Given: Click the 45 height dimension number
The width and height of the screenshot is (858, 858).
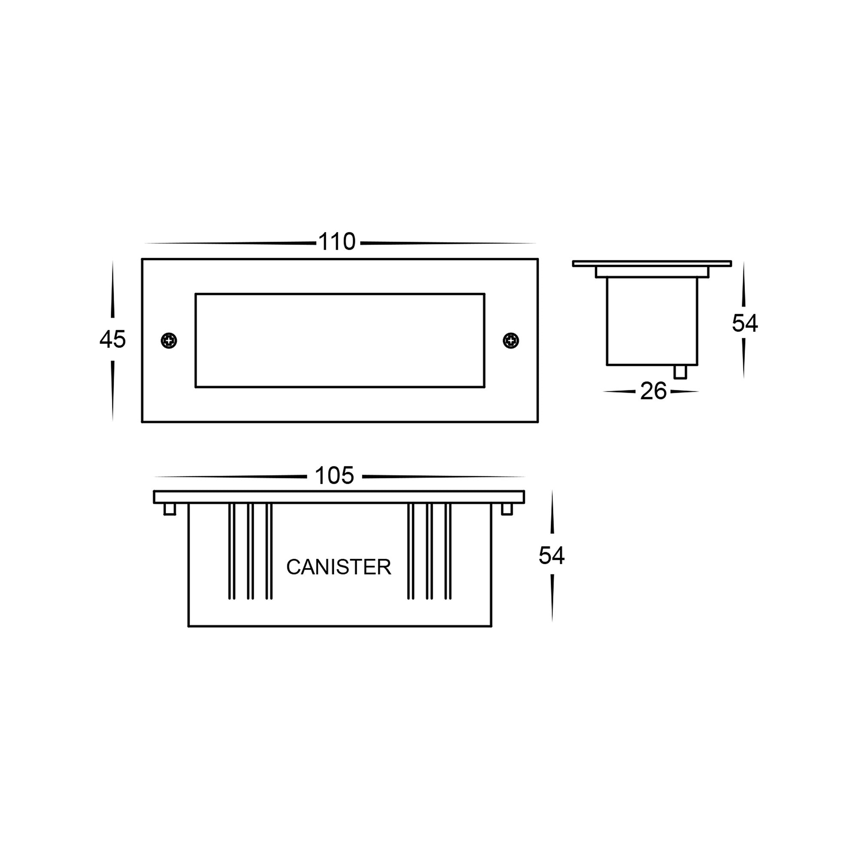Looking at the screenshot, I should pos(113,339).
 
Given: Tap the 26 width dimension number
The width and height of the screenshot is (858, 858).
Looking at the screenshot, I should pos(653,391).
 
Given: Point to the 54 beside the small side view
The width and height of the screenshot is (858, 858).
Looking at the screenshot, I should pos(745,323).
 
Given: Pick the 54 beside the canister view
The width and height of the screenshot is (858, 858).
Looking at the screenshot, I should pos(551,556).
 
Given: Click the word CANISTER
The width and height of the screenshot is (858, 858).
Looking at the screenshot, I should pos(338,567).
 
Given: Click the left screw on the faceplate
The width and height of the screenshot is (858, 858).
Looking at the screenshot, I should pos(169,341).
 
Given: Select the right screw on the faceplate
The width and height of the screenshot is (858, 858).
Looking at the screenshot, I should pos(511,341).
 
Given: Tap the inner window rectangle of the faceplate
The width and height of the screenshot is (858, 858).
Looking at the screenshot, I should pos(339,341).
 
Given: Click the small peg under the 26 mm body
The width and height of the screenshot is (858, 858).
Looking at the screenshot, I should pos(680,372).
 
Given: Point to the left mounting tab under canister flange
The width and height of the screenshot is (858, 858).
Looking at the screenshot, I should pos(169,509).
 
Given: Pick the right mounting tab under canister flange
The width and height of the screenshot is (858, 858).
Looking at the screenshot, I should pos(507,509).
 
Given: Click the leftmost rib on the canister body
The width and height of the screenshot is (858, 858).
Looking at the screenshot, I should pos(231,551).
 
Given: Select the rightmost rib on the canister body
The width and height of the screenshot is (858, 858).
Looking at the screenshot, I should pos(447,551).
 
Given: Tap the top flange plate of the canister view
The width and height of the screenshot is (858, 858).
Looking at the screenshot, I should pos(338,497).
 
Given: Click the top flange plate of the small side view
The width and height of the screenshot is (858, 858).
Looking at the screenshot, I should pos(652,264).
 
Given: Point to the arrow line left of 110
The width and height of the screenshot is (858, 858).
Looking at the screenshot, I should pos(231,243).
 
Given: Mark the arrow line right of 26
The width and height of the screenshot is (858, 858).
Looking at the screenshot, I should pos(684,392).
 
